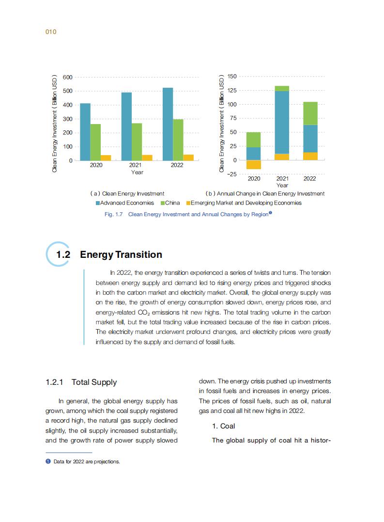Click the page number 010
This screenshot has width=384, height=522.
(51, 32)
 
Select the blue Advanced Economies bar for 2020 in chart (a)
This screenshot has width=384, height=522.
(85, 131)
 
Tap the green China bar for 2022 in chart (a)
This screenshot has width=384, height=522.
(178, 140)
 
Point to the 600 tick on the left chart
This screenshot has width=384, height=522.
(67, 78)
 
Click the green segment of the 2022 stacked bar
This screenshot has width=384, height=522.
(310, 113)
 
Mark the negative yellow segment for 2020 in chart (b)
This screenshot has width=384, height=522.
(254, 165)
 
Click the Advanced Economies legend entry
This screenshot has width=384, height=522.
(124, 203)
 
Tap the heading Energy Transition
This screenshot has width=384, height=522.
(121, 255)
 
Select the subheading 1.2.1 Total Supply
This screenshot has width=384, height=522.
(81, 382)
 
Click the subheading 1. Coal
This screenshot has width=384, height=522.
(223, 426)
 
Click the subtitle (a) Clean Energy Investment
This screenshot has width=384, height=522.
(127, 193)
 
